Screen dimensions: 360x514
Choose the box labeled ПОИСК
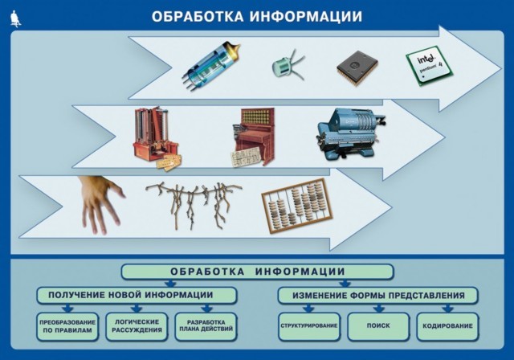[377, 326]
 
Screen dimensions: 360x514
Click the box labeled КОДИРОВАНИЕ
[447, 326]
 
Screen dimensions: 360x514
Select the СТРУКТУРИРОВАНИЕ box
[308, 326]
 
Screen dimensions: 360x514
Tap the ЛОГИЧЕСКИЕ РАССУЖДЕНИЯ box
[137, 326]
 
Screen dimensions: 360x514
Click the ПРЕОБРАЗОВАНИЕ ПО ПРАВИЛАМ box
[67, 326]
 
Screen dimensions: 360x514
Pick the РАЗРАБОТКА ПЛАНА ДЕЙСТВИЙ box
[206, 326]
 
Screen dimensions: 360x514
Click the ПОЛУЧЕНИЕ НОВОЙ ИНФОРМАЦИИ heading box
[136, 295]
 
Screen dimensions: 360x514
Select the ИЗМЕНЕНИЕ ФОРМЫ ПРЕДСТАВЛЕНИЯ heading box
[378, 295]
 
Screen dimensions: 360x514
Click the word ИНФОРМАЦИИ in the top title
[305, 16]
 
